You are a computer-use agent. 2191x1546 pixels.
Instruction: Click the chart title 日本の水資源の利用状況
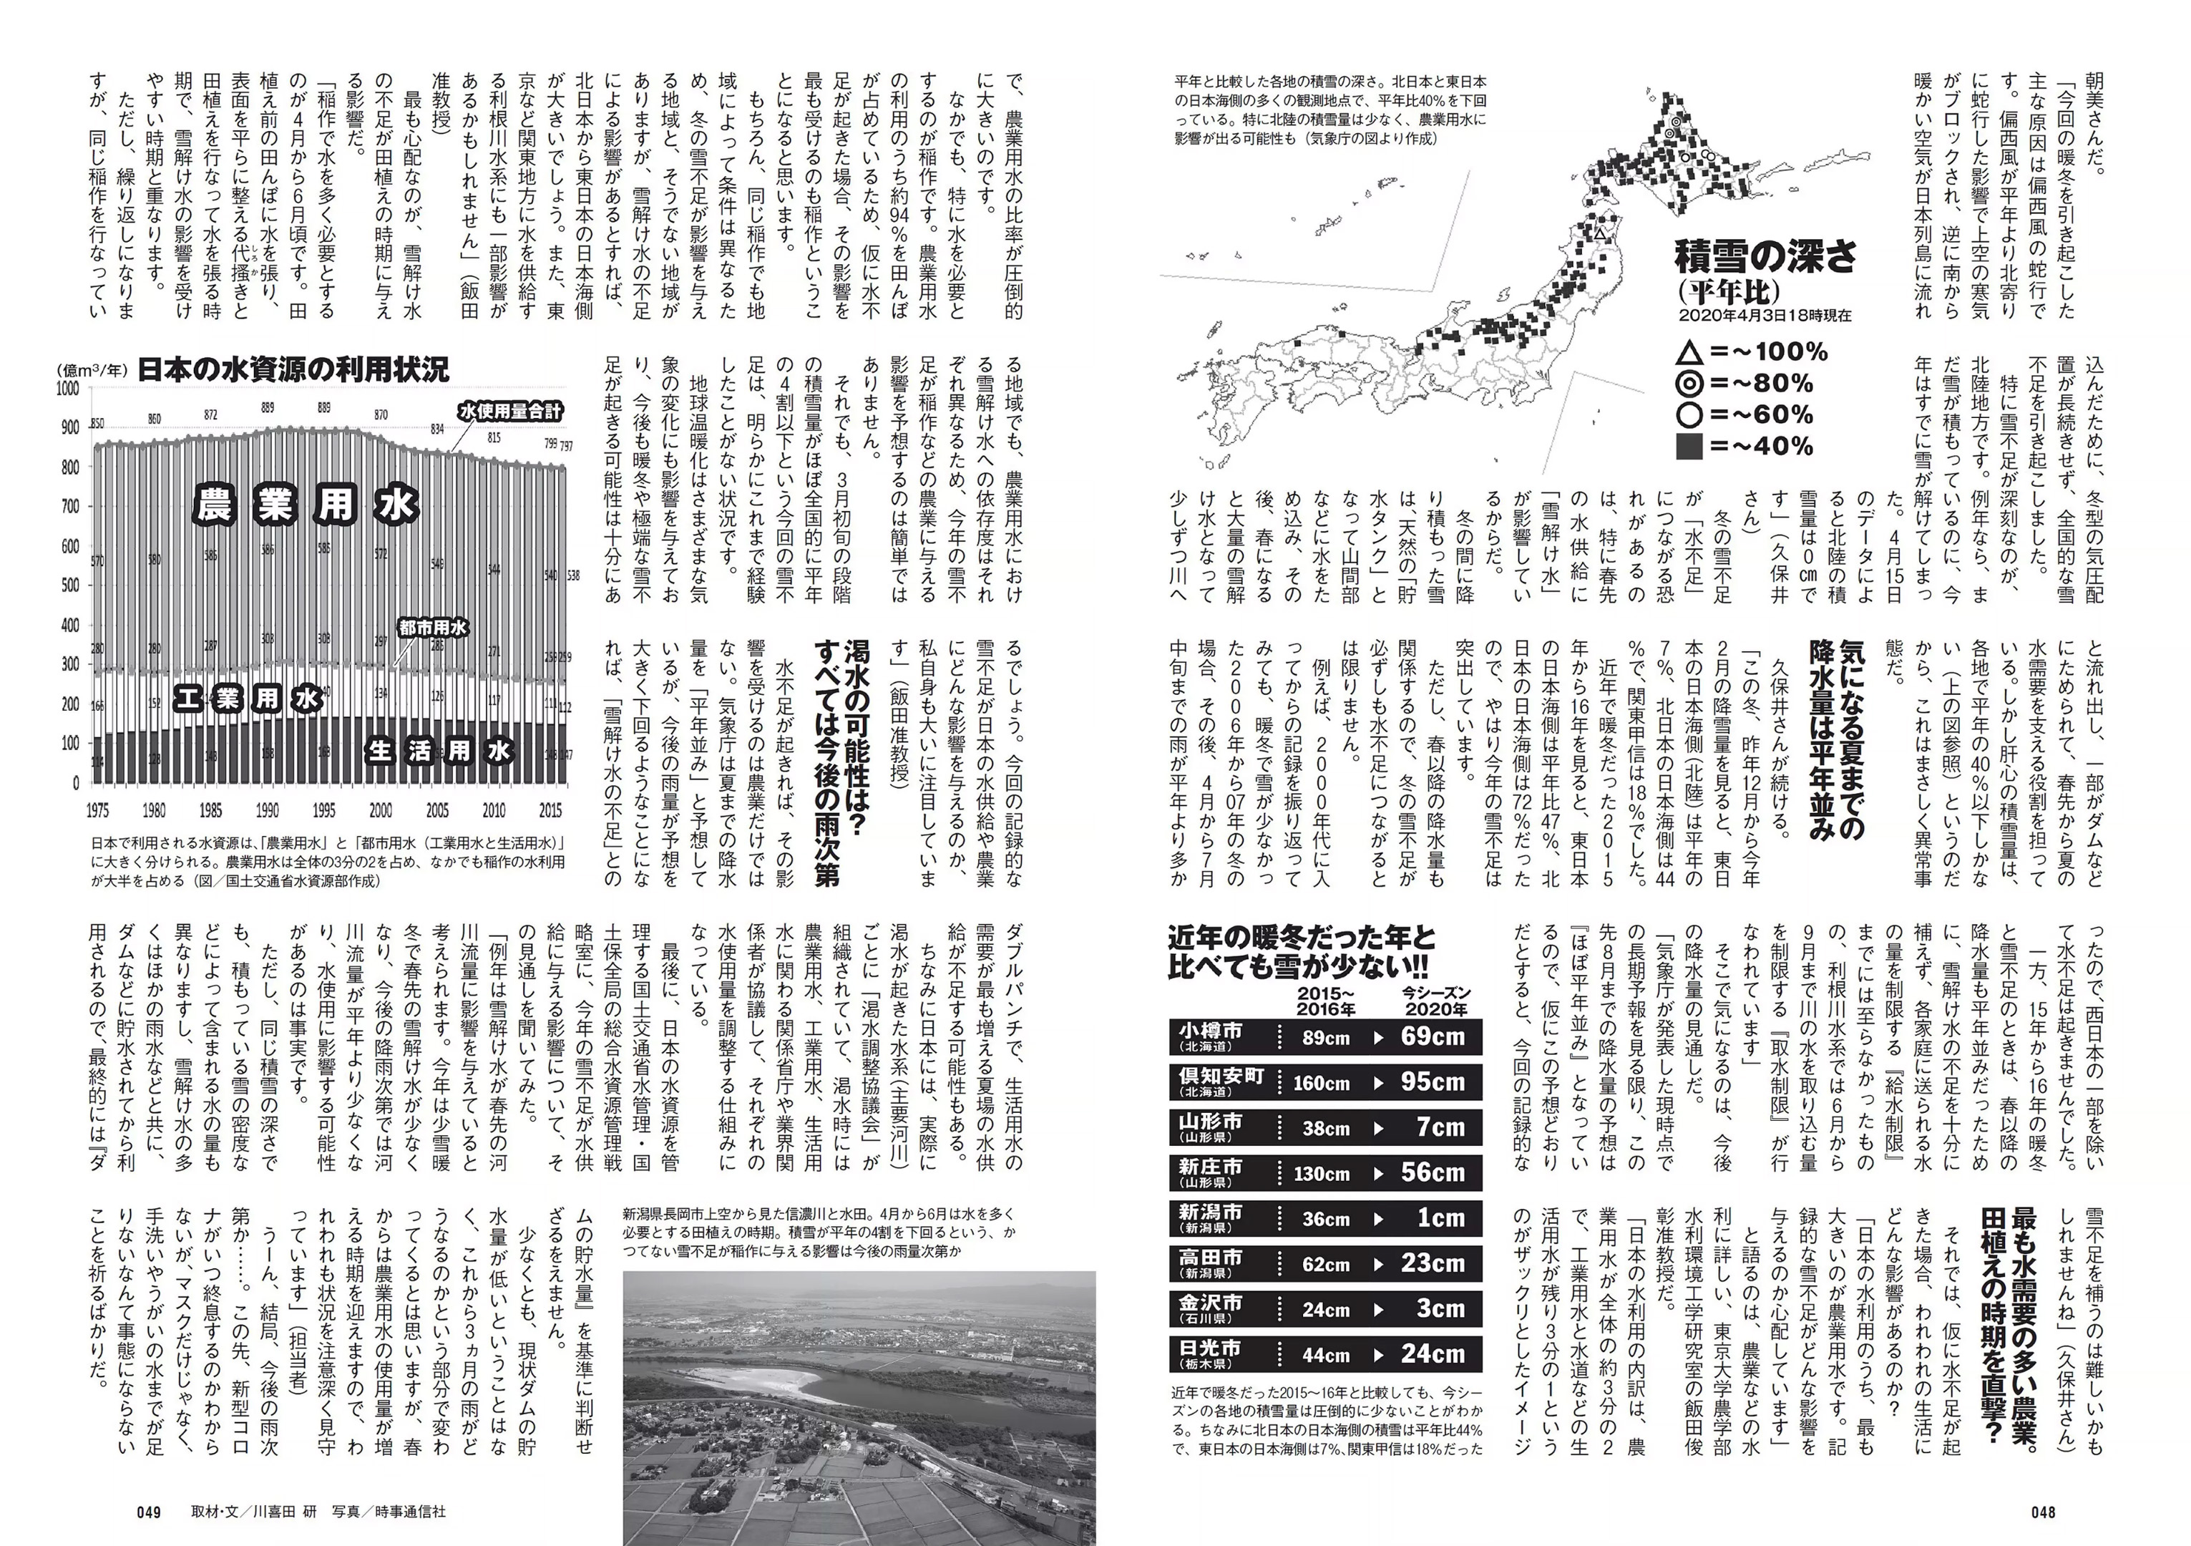click(x=292, y=369)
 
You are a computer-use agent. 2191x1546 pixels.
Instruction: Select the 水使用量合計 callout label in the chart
click(x=509, y=412)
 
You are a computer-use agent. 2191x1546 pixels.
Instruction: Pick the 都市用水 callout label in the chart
click(x=433, y=627)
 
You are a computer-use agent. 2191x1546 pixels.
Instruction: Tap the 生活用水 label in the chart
click(x=440, y=750)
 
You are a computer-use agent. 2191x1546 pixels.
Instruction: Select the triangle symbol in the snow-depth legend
click(x=1690, y=353)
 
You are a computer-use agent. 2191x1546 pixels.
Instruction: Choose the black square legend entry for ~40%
click(x=1690, y=446)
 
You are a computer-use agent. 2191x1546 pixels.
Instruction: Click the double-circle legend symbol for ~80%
click(x=1690, y=384)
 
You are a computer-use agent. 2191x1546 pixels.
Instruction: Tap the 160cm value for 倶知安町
click(x=1321, y=1083)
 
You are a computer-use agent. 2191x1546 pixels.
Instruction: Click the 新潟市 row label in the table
click(x=1210, y=1217)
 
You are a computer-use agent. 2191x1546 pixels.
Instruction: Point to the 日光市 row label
click(x=1210, y=1352)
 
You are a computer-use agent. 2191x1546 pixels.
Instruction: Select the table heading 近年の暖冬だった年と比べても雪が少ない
click(x=1299, y=951)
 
